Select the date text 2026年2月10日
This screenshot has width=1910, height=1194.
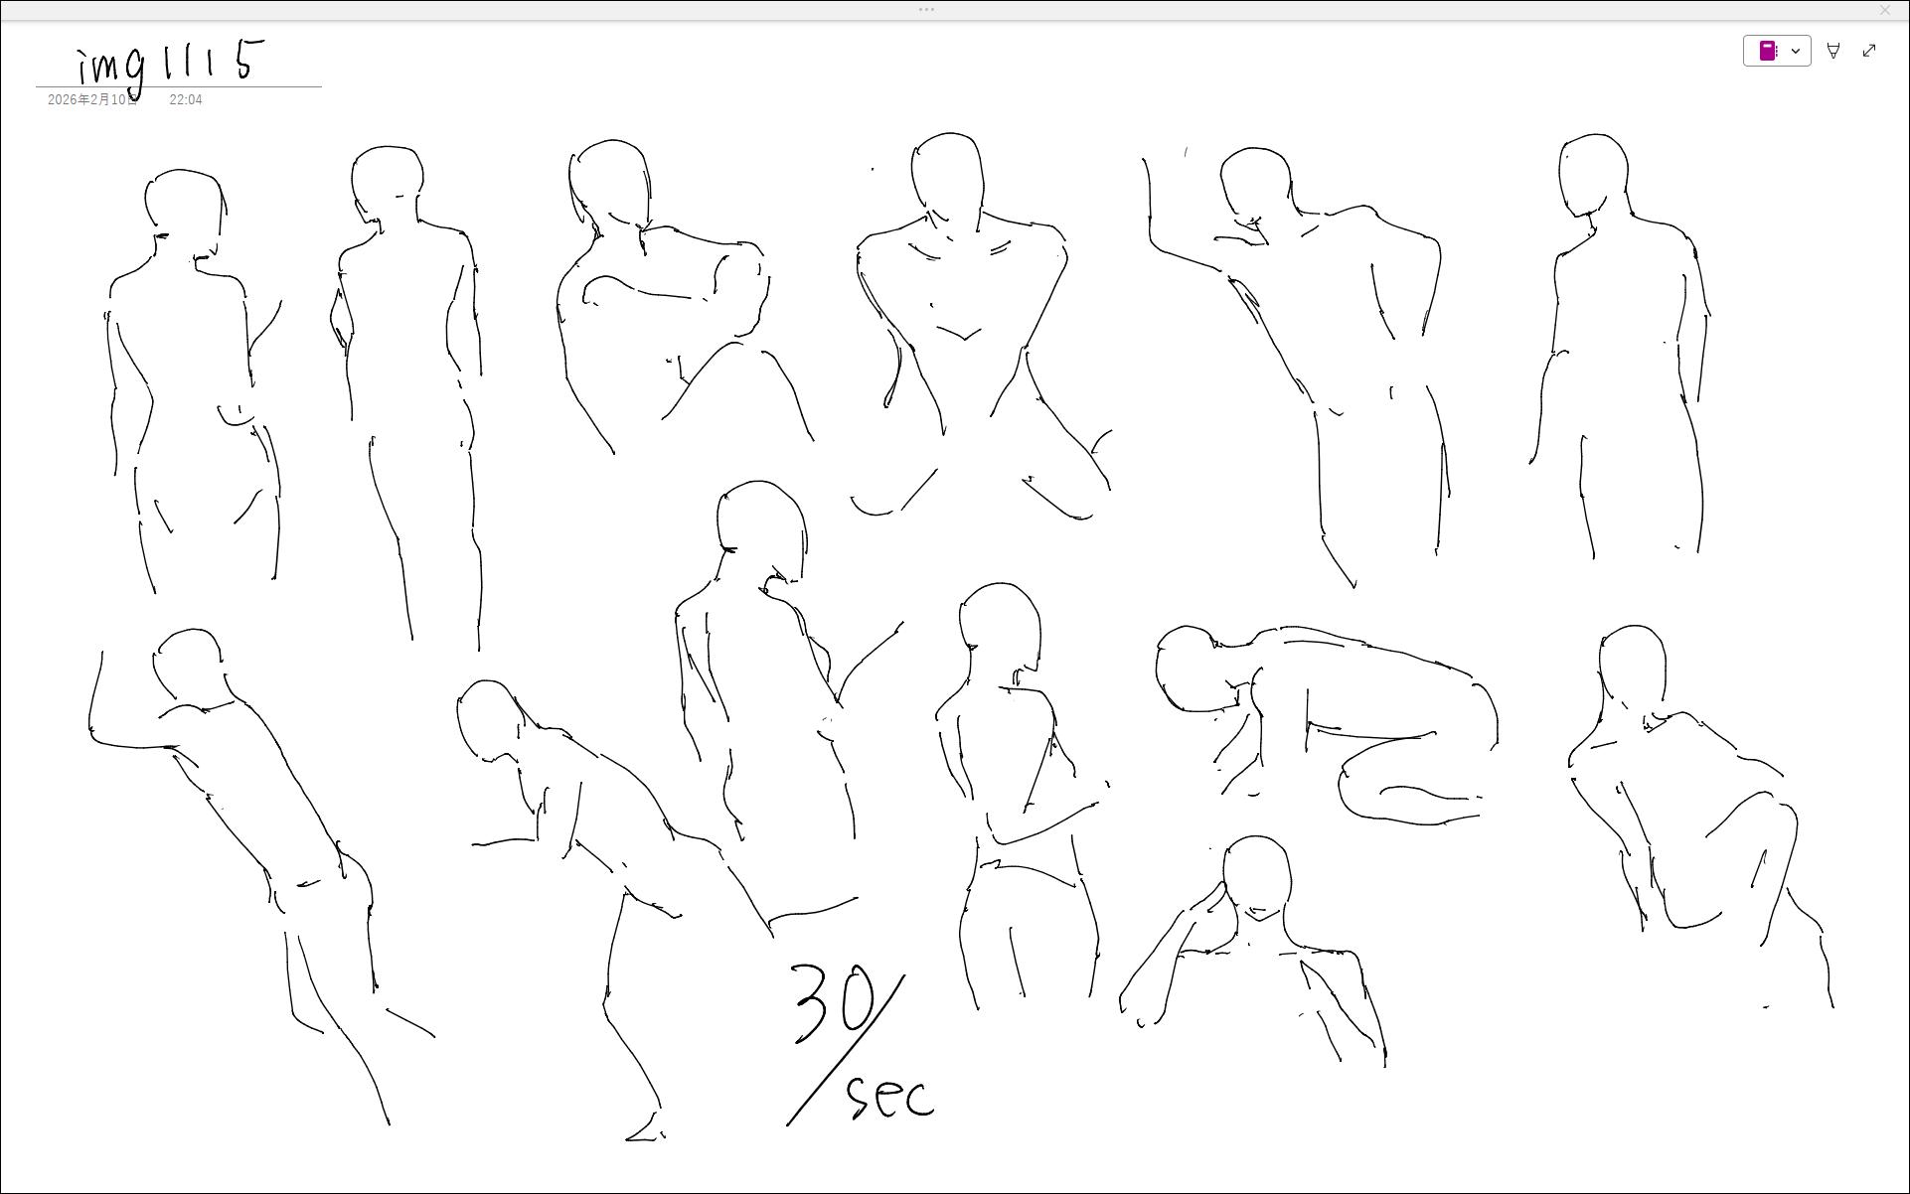(92, 100)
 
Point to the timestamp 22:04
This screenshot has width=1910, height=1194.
(186, 100)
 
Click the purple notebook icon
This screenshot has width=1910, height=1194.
(1768, 51)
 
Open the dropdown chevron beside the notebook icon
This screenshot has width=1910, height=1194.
(1796, 51)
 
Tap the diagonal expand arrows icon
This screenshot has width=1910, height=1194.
(1869, 51)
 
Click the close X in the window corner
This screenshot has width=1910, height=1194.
(1885, 10)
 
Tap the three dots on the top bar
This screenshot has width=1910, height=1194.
(926, 9)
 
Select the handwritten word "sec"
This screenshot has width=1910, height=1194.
(890, 1097)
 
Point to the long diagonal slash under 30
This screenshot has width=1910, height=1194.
(846, 1050)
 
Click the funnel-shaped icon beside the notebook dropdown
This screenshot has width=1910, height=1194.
(1833, 51)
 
